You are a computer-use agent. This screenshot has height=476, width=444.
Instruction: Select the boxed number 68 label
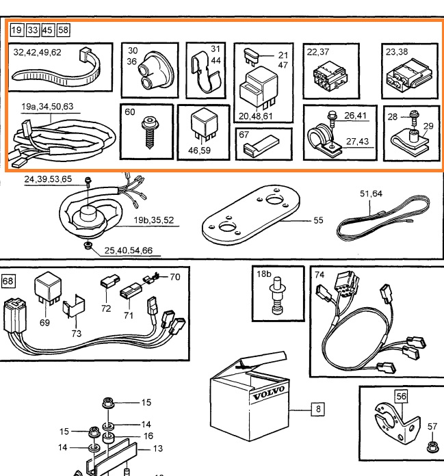pyautogui.click(x=8, y=280)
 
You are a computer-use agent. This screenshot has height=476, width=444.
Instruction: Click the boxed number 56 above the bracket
pyautogui.click(x=401, y=395)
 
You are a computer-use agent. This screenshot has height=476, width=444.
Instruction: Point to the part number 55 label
pyautogui.click(x=318, y=221)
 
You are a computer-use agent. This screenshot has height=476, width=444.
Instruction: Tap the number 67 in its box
pyautogui.click(x=244, y=135)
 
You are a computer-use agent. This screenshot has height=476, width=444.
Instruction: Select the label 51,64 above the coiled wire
pyautogui.click(x=371, y=194)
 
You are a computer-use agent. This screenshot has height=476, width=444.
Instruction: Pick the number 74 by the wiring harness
pyautogui.click(x=319, y=274)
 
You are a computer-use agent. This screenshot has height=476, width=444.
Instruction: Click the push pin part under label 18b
pyautogui.click(x=275, y=300)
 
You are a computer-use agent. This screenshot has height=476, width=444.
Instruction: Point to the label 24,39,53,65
pyautogui.click(x=48, y=179)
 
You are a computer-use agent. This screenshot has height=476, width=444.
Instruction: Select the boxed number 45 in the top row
pyautogui.click(x=47, y=30)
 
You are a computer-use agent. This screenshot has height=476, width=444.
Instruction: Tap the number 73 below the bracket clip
pyautogui.click(x=76, y=333)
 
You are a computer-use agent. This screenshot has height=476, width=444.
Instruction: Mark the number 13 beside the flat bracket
pyautogui.click(x=157, y=449)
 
